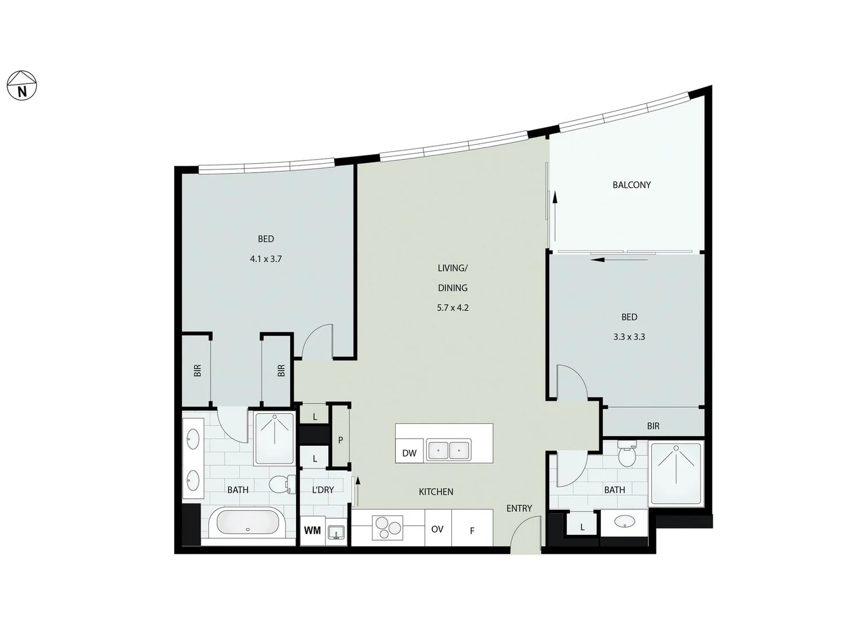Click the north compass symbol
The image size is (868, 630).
22,86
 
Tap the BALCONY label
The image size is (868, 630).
631,185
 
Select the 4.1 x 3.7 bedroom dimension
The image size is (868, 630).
266,258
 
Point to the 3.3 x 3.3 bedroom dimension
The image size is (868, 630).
629,337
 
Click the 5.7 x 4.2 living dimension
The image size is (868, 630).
452,307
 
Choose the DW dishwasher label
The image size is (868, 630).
409,453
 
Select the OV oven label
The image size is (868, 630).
437,529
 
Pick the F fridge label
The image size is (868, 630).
472,531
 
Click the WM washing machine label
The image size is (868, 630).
312,530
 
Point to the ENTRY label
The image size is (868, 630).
519,508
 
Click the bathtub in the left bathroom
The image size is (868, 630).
248,523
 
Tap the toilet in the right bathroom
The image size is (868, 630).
627,455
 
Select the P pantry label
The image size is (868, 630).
340,440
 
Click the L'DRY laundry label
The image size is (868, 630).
322,490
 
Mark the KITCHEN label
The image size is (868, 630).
436,492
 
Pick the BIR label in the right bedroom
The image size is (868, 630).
653,426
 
